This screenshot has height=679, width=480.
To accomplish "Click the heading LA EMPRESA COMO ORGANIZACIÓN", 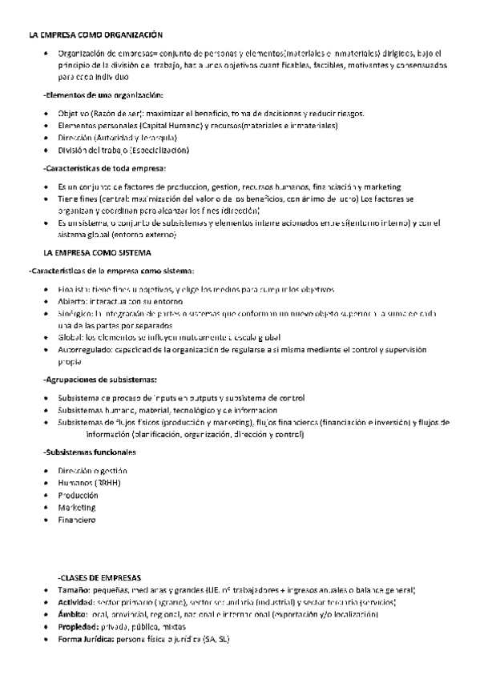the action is pos(95,35).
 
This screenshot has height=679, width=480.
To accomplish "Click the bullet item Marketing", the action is pos(77,507).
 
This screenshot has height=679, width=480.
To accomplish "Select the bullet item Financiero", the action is pos(77,520).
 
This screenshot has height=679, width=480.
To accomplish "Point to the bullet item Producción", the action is pos(79,495).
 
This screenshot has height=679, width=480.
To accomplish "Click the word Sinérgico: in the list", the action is pos(77,314).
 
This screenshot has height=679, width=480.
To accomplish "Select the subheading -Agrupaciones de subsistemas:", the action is pos(100,380).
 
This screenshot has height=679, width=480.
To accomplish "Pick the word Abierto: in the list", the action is pos(73,301).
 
